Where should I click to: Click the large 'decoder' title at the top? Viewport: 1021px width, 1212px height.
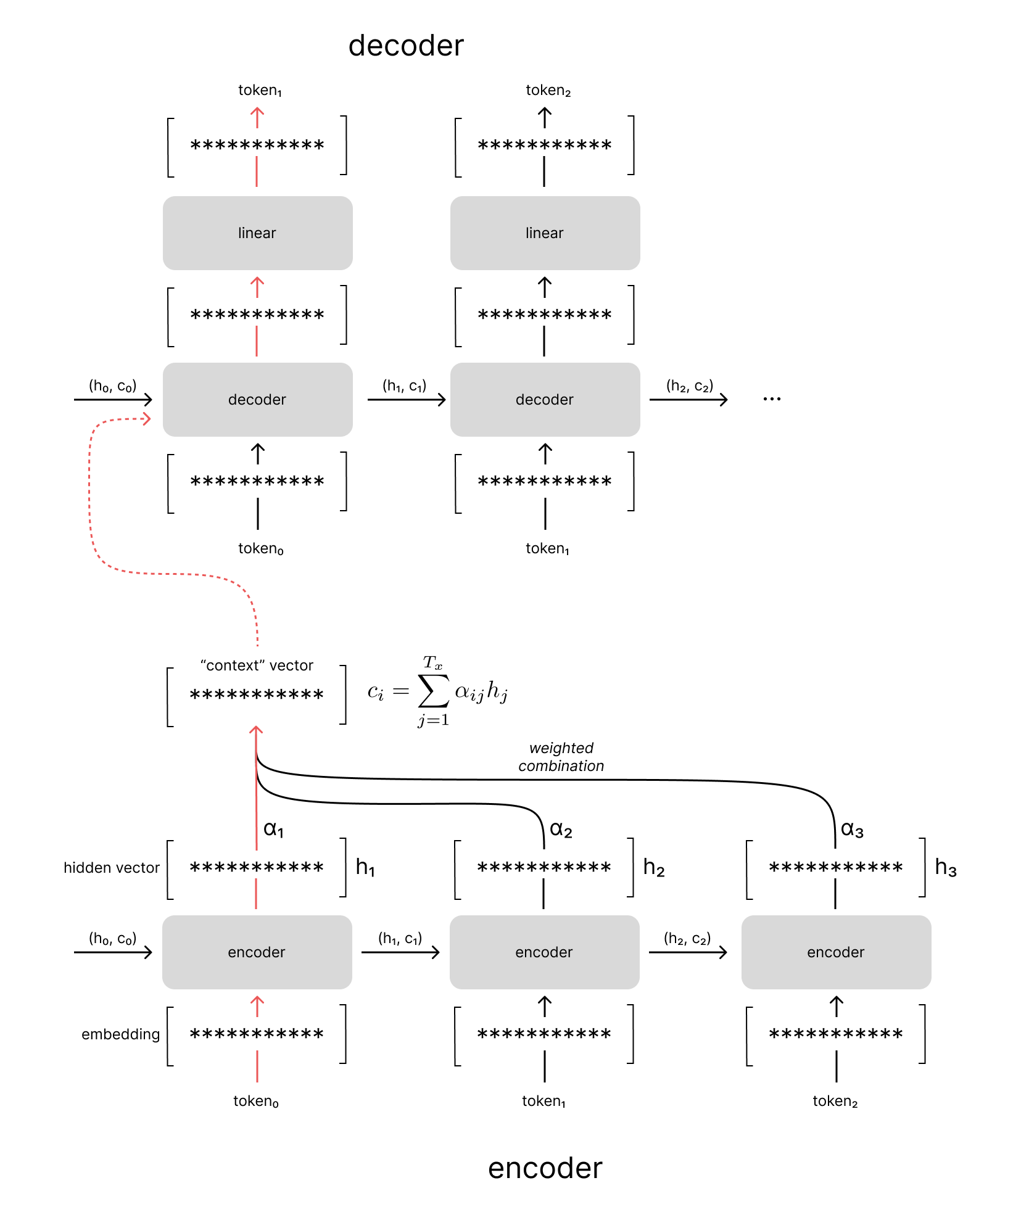pos(405,46)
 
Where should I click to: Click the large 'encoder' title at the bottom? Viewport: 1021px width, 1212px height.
pos(544,1168)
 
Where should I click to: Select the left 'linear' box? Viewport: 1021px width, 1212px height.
pos(257,233)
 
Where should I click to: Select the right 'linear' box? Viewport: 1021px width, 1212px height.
pos(545,233)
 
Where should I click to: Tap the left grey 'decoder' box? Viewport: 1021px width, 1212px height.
pos(257,400)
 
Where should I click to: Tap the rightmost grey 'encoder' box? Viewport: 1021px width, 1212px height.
pos(835,952)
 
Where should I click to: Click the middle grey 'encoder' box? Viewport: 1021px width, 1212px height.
pos(544,952)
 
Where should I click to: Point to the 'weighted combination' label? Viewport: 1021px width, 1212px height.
pos(561,757)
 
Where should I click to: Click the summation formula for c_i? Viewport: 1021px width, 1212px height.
pos(437,691)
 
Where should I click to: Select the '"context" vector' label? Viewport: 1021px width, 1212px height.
pos(257,666)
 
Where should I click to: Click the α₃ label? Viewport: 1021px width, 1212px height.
pos(852,830)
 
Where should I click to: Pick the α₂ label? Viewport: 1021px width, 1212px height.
pos(561,830)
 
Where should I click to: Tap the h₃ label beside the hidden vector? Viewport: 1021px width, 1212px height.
pos(945,868)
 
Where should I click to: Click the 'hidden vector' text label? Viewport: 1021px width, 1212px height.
pos(111,868)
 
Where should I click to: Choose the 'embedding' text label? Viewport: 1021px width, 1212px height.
pos(120,1034)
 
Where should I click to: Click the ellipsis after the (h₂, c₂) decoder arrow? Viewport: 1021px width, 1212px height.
pos(772,399)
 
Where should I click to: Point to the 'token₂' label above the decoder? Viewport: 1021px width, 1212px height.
pos(548,91)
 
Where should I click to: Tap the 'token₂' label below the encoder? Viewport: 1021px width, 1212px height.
pos(835,1102)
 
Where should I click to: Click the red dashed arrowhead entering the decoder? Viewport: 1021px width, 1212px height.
pos(147,419)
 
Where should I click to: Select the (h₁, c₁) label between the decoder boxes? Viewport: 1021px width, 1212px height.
pos(404,386)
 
